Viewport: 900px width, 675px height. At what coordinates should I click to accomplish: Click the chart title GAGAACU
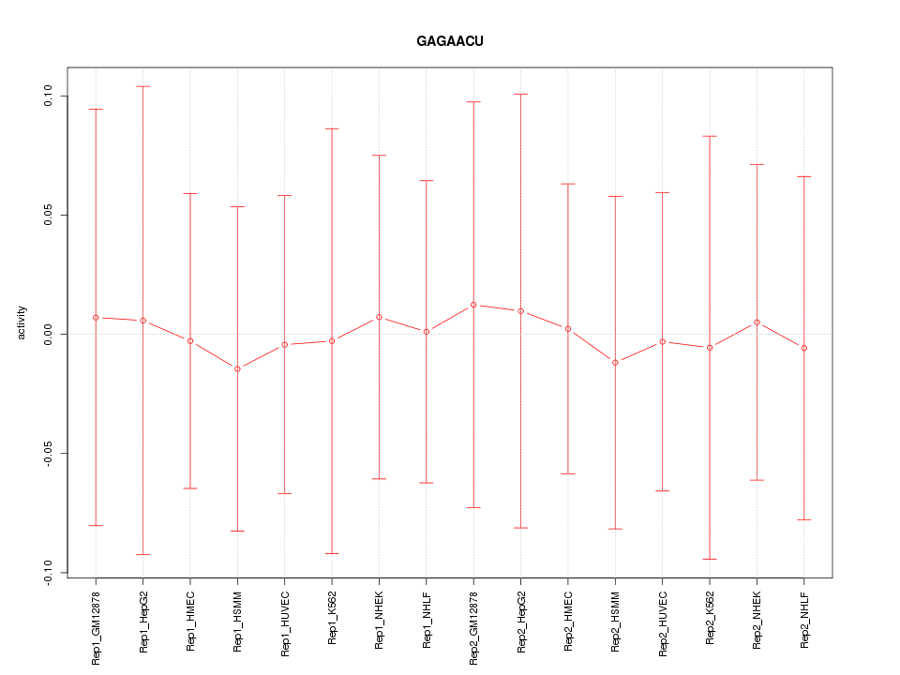[450, 41]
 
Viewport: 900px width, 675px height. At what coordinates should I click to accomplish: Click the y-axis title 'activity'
[22, 322]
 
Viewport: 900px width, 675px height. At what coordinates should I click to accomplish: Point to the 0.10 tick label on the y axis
[49, 96]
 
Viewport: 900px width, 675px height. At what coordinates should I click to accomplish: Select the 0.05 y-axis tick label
[49, 215]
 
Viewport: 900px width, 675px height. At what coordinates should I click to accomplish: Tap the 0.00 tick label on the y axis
[49, 334]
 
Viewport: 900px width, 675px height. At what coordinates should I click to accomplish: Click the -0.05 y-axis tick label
[49, 454]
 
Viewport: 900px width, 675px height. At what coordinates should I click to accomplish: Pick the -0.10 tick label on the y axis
[49, 573]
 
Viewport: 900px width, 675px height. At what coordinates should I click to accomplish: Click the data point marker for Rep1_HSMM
[238, 368]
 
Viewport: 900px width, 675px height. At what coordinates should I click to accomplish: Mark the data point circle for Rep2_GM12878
[473, 305]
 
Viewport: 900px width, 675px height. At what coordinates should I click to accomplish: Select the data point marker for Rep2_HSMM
[615, 362]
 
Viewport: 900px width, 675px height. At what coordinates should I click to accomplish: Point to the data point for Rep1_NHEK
[380, 317]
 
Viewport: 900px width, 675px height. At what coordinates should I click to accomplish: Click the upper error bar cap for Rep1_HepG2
[143, 86]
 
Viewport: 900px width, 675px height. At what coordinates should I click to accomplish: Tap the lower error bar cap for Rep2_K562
[710, 559]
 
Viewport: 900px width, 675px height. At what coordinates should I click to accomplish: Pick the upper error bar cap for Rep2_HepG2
[521, 95]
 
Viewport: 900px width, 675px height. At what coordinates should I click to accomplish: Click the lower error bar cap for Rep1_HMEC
[190, 488]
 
